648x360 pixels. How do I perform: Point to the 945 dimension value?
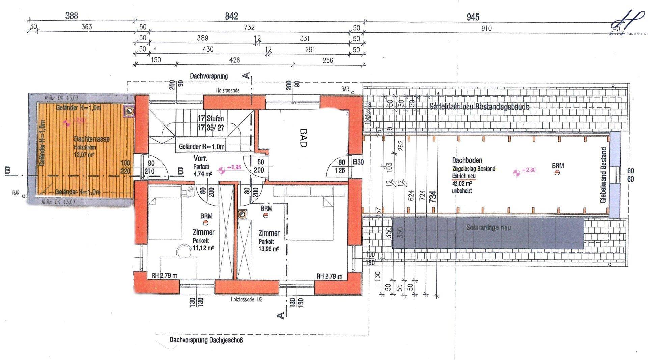(x=473, y=17)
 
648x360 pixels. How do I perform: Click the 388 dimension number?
(x=72, y=16)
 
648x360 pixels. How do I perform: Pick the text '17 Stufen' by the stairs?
(x=211, y=119)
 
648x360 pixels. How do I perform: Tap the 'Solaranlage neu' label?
(x=488, y=228)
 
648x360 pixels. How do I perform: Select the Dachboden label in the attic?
(x=467, y=160)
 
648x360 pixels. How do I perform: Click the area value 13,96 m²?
(x=269, y=249)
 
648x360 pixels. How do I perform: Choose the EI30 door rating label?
(x=358, y=162)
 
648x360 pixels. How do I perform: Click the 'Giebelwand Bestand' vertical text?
(x=604, y=175)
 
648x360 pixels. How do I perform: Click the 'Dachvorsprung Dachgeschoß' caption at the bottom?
(x=206, y=340)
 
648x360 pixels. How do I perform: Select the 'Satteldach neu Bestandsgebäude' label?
(x=479, y=107)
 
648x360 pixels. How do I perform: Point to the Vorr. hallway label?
(x=200, y=158)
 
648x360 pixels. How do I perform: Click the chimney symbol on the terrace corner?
(x=129, y=111)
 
